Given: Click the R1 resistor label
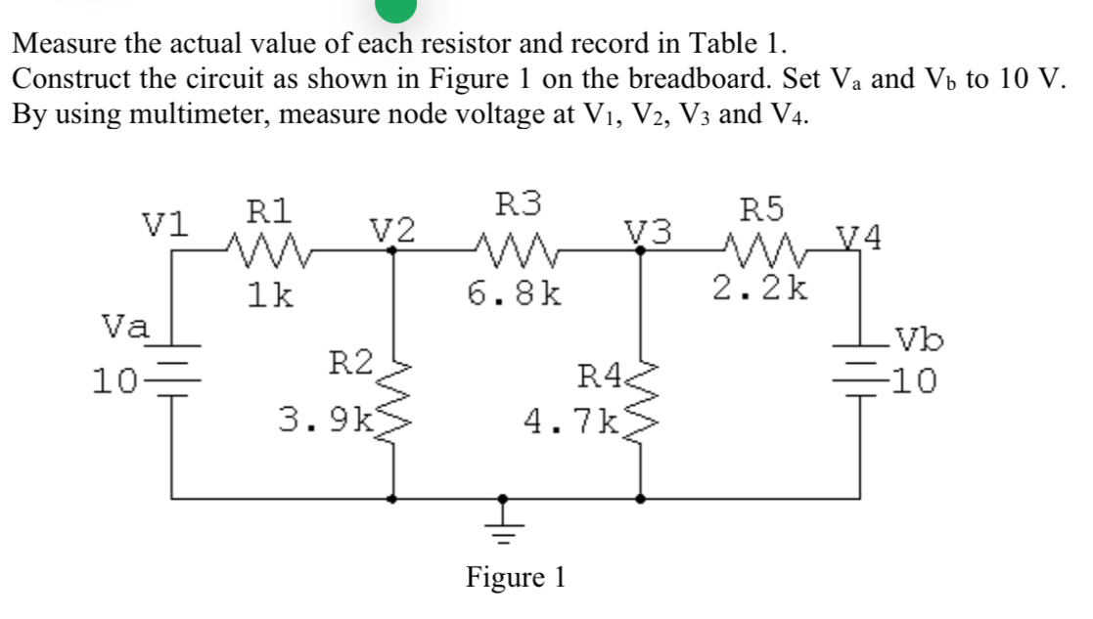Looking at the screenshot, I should [267, 211].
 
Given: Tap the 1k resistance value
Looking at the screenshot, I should [270, 293].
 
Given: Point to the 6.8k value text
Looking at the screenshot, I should [515, 293].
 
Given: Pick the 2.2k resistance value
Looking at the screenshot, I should [760, 289].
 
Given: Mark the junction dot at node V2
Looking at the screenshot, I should [394, 250].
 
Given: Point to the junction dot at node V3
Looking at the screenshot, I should [641, 250].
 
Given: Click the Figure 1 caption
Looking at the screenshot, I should [516, 577].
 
